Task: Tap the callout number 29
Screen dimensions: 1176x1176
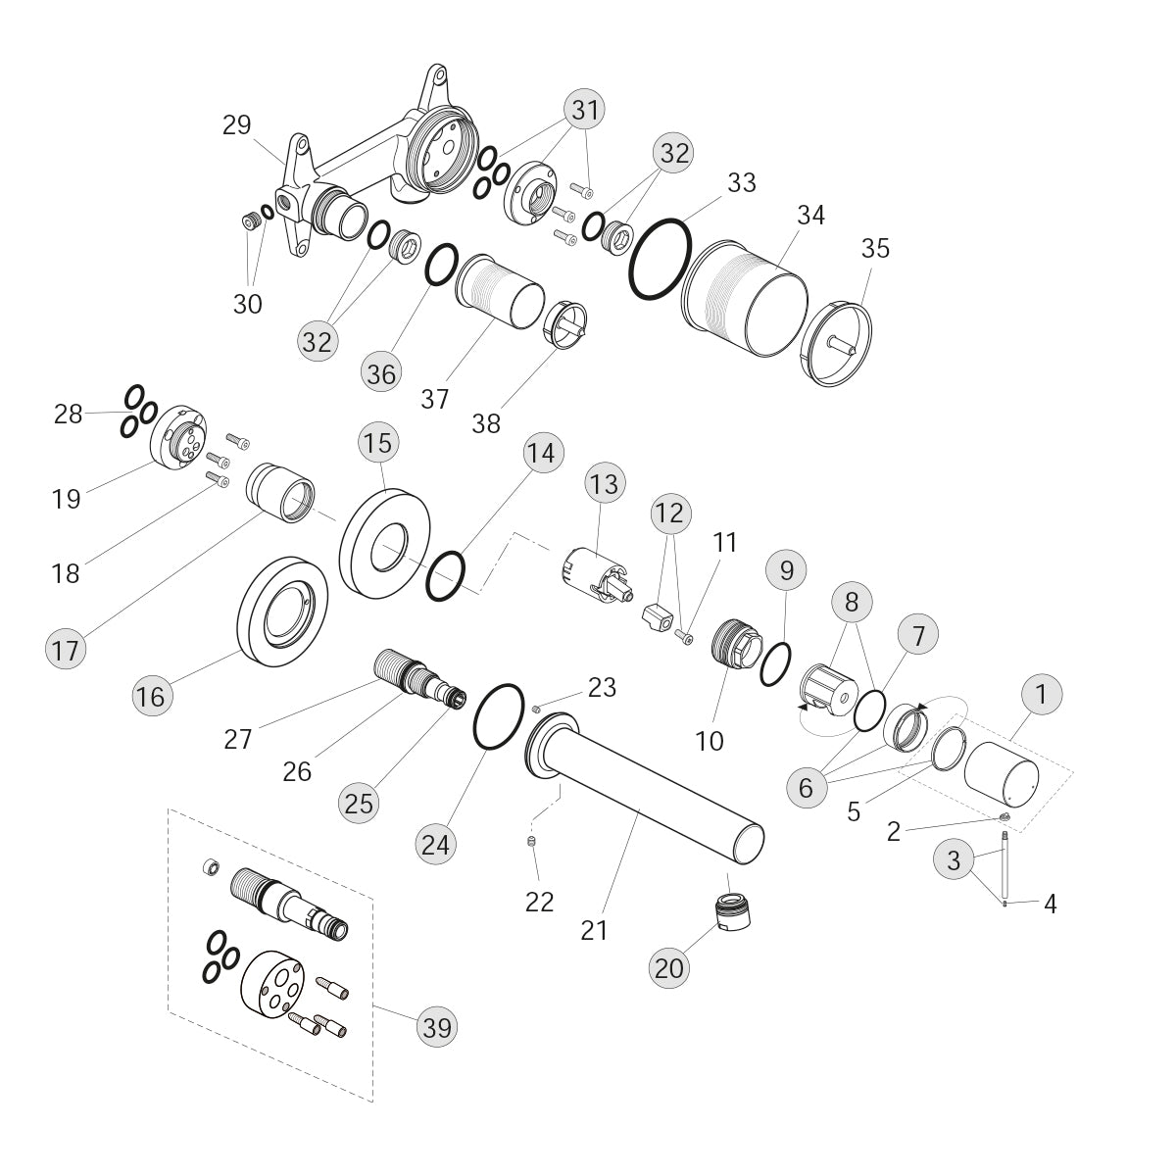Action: pos(237,125)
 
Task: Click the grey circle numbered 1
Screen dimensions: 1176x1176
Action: pos(1041,694)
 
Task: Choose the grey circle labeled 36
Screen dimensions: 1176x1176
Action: pos(381,372)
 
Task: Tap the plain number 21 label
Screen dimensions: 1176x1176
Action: pos(595,931)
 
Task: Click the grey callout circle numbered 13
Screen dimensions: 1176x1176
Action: pos(605,483)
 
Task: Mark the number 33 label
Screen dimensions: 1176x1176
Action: pos(742,182)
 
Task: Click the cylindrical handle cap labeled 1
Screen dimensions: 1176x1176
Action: pos(1001,774)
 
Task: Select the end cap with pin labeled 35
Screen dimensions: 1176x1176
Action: pos(836,344)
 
